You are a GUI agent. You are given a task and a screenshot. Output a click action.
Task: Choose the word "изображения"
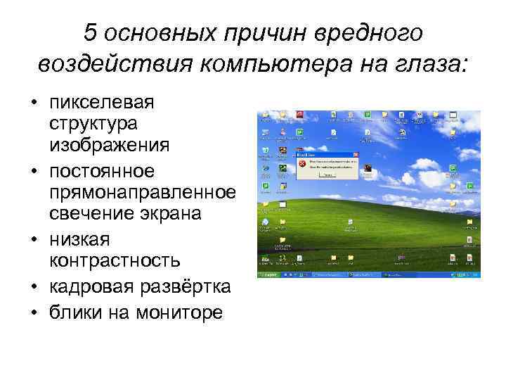coord(109,145)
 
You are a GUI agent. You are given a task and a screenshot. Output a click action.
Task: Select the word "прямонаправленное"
coord(142,193)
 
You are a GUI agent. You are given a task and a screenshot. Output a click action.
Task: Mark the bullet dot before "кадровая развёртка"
coord(34,288)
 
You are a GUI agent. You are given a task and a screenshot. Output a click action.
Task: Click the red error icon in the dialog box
coord(302,163)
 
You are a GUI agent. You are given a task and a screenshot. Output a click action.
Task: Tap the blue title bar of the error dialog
coord(327,153)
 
